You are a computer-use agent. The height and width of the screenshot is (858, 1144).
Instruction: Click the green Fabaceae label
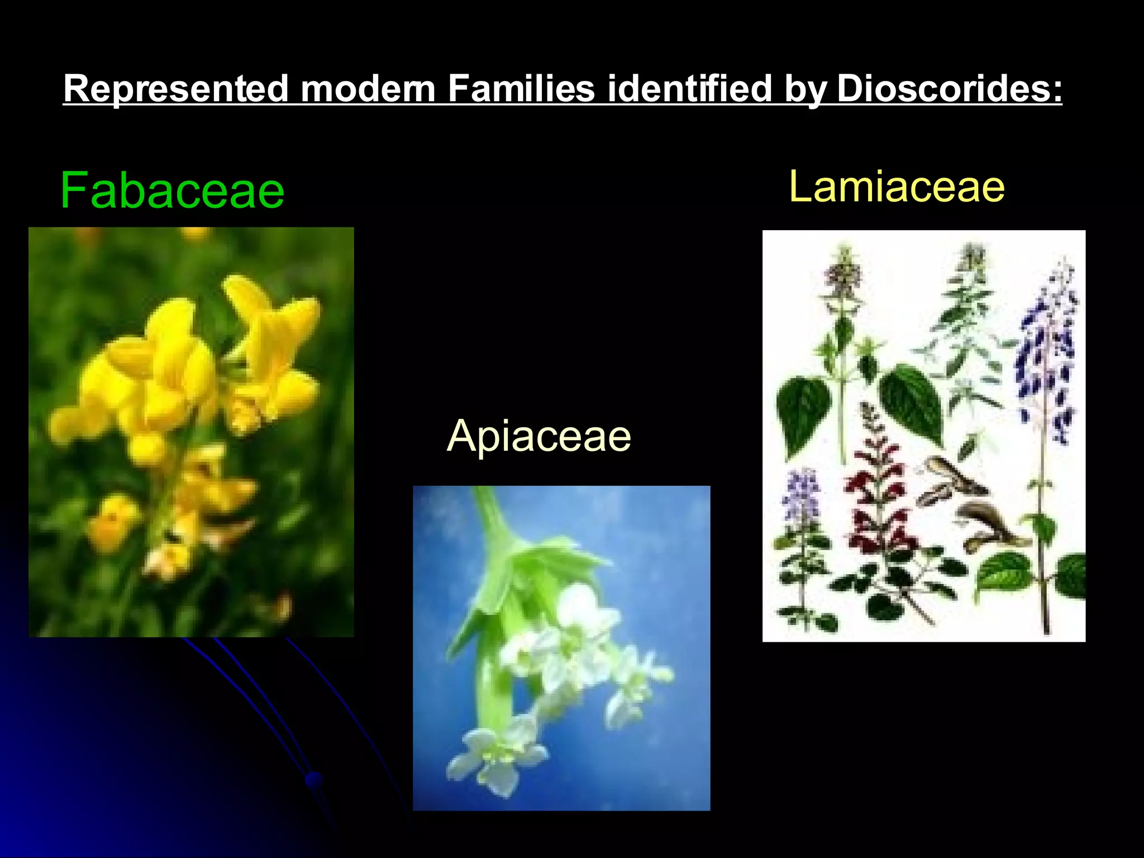[x=172, y=191]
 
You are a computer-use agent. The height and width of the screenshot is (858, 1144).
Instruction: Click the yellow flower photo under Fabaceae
[x=191, y=432]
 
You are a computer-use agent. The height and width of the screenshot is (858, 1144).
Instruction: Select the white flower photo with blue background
[x=561, y=648]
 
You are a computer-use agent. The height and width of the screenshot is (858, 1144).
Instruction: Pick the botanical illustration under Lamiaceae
[x=924, y=436]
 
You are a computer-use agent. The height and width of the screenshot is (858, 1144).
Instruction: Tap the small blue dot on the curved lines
[x=314, y=778]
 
